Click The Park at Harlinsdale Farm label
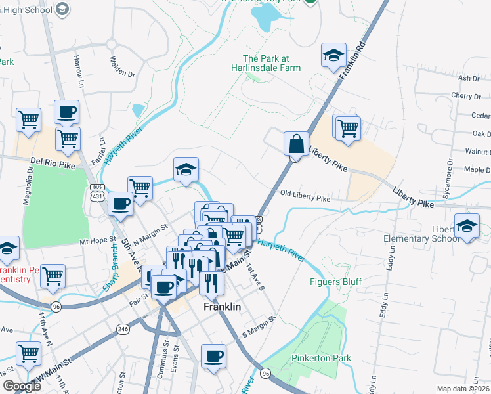click(271, 63)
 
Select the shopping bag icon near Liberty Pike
click(296, 142)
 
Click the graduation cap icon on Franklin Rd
click(333, 56)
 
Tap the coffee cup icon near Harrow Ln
click(66, 112)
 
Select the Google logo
click(22, 386)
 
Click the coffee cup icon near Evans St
click(213, 357)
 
